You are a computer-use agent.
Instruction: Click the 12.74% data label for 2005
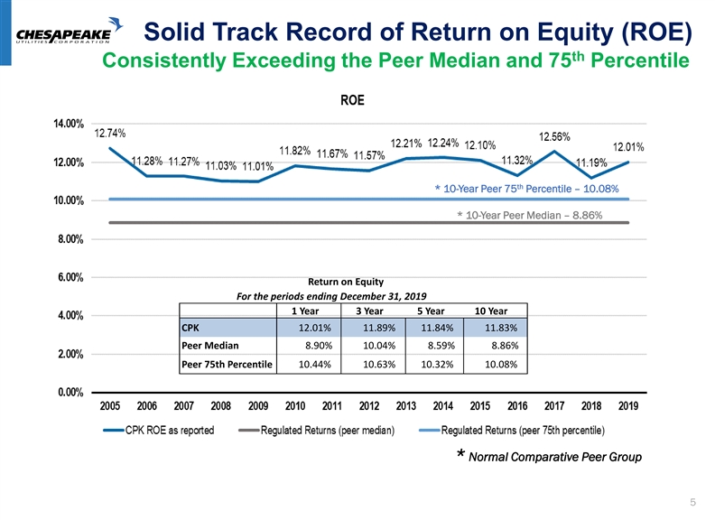111,133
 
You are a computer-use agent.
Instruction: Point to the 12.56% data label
554,136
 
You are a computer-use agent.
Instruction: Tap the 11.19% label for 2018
591,162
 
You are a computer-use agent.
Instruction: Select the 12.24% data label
444,142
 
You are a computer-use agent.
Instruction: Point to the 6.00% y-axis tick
67,277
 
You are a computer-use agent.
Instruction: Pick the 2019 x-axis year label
628,406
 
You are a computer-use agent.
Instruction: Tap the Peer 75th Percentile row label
227,366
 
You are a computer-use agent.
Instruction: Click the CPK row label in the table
191,328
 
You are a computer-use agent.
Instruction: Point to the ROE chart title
353,100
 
